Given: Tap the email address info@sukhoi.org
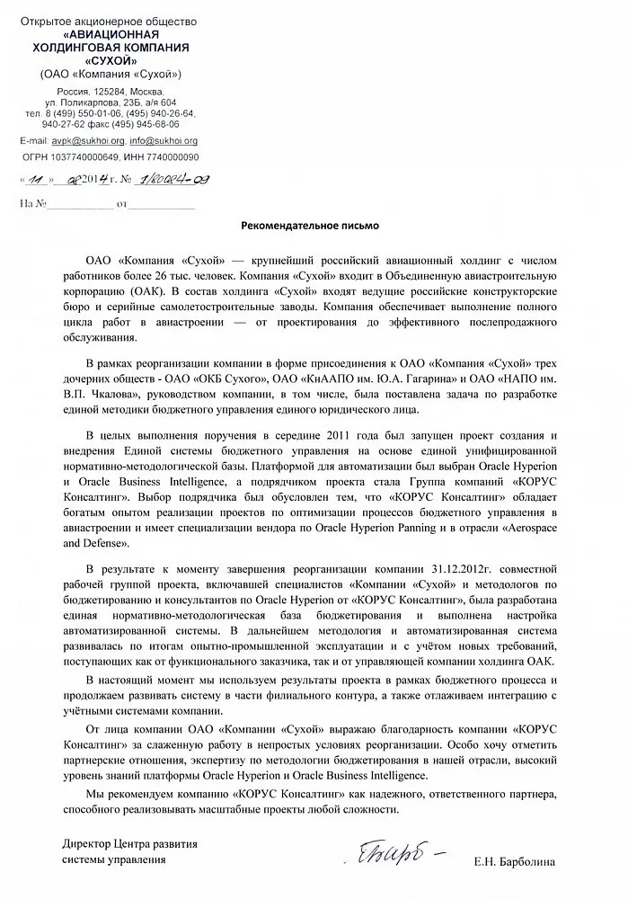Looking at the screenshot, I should click(x=164, y=141).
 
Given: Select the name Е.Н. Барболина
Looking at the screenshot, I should click(x=516, y=861).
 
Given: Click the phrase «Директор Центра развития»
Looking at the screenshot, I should click(x=129, y=845).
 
